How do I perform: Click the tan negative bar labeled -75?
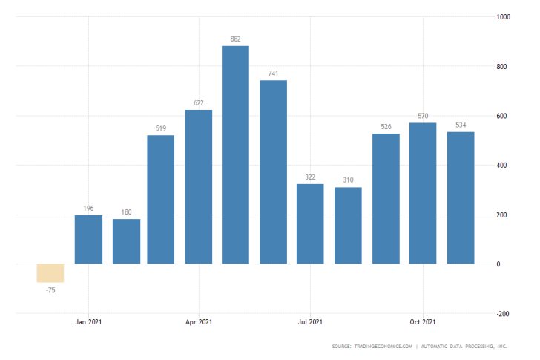[50, 273]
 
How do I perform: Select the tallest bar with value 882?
[236, 154]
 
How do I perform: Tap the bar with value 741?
[273, 172]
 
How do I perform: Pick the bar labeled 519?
[161, 200]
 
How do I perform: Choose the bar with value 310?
[348, 226]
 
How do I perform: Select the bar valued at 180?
[126, 241]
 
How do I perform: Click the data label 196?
[88, 209]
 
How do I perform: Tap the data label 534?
[460, 125]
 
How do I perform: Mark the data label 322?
[310, 177]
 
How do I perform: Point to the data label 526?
[386, 127]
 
